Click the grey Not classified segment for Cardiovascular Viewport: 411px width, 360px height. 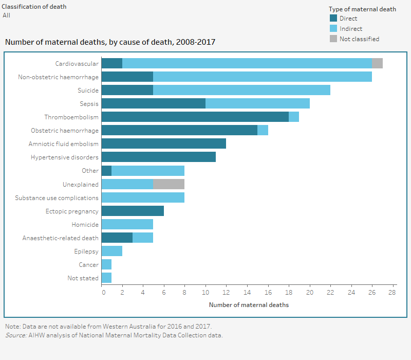377,63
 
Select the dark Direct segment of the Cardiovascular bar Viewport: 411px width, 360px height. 111,63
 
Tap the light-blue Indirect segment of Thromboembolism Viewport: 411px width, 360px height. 294,117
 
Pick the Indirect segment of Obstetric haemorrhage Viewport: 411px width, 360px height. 263,130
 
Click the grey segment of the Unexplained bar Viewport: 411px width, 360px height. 169,184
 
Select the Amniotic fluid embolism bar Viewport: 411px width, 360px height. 163,143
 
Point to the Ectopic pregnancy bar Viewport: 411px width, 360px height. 133,211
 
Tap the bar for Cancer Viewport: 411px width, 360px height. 106,264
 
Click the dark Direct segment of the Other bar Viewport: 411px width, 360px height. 106,171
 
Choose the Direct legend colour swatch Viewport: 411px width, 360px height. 333,19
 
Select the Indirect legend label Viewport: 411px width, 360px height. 351,29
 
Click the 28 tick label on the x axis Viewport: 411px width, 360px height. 393,292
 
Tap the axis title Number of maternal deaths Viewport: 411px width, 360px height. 249,305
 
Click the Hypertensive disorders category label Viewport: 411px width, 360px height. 65,157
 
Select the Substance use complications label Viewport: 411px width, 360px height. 57,197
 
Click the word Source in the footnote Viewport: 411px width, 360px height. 15,335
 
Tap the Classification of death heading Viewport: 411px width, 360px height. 34,7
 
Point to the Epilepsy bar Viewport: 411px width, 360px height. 111,251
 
